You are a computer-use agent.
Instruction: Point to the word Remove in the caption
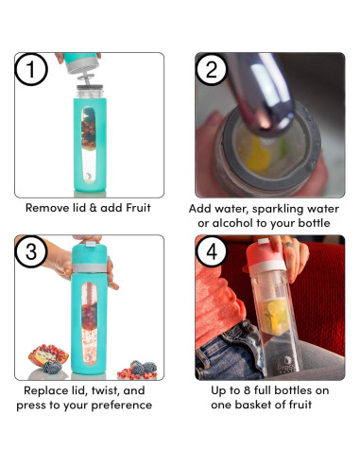[48, 208]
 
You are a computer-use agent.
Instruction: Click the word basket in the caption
[262, 405]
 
